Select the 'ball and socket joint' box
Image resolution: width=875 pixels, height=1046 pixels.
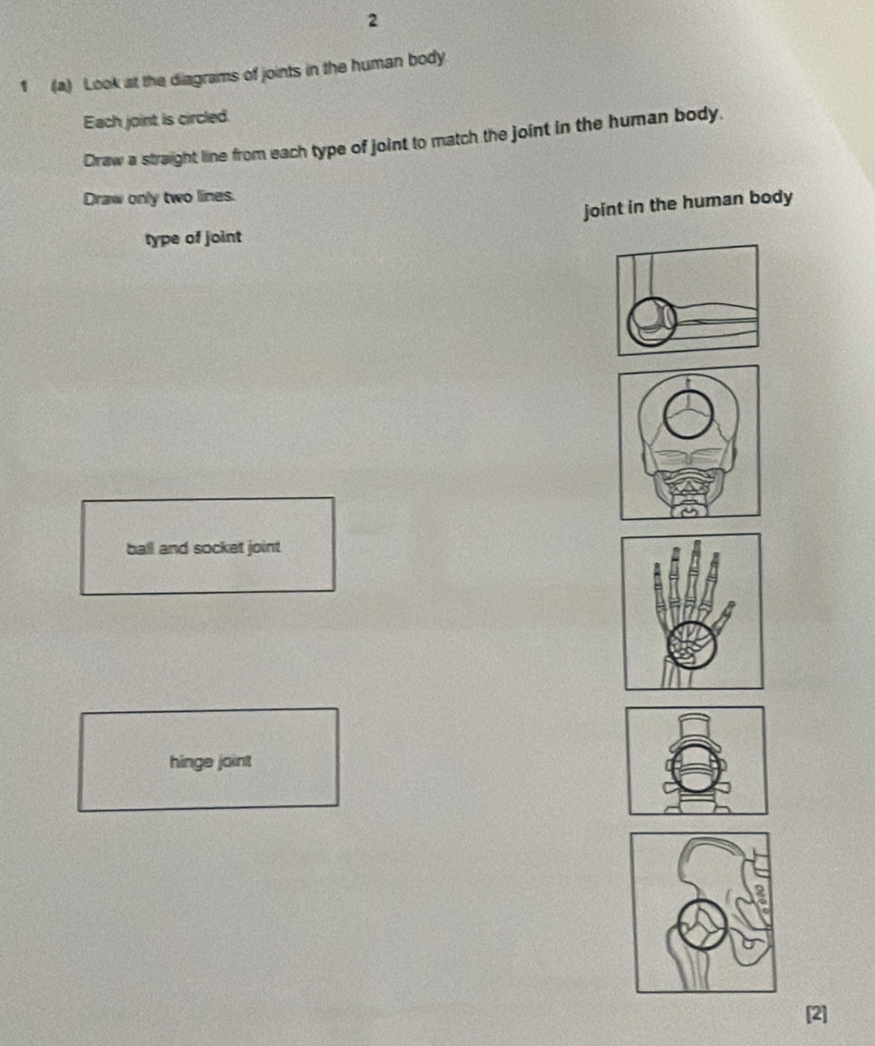coord(207,545)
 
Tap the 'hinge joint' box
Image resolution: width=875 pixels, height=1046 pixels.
coord(209,759)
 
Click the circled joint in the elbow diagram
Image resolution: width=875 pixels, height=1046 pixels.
coord(651,323)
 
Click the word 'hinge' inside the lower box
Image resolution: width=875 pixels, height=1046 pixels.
coord(187,763)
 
